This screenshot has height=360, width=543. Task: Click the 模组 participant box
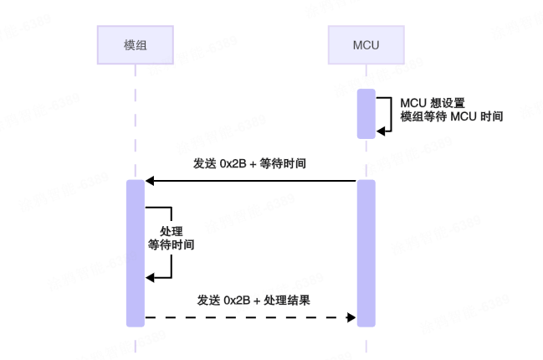click(x=134, y=44)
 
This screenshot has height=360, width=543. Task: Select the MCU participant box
click(x=366, y=44)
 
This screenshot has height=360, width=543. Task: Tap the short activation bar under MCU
click(x=366, y=113)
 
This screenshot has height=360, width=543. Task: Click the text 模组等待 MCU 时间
click(x=452, y=117)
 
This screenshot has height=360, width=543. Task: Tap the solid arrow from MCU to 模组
click(x=251, y=180)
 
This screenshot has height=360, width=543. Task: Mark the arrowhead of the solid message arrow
click(x=150, y=180)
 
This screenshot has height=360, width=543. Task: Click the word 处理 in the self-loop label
click(x=171, y=231)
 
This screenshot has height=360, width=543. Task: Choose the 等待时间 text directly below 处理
click(x=171, y=245)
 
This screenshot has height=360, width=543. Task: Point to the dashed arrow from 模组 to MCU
click(x=251, y=317)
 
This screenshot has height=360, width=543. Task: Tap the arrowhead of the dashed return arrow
click(x=351, y=317)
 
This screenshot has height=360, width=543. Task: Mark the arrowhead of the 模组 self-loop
click(x=150, y=278)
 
